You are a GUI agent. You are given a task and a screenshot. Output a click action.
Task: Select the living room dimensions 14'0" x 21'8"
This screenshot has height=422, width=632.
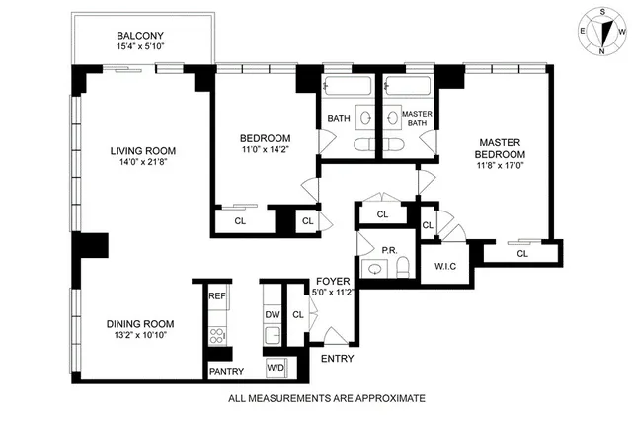(x=149, y=164)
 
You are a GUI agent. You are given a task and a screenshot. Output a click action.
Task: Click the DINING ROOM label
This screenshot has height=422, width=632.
(x=140, y=323)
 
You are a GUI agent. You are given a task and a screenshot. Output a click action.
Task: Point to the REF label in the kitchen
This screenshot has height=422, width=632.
(x=216, y=295)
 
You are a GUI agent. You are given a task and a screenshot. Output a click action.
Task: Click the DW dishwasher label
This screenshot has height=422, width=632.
(x=272, y=315)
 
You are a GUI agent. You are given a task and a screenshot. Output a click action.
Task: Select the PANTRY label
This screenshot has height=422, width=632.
(x=218, y=372)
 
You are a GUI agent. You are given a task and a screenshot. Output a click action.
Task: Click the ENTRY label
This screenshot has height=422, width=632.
(x=336, y=358)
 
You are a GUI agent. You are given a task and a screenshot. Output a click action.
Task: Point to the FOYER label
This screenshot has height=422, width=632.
(x=332, y=281)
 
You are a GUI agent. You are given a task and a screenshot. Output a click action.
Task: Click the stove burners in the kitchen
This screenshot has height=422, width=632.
(x=216, y=332)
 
